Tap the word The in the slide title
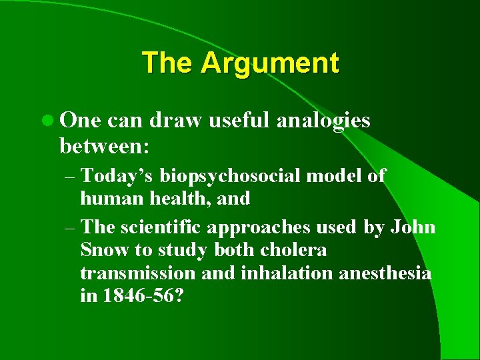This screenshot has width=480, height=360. pos(169,63)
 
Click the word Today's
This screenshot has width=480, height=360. pos(119,176)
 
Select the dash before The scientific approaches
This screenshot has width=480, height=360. pos(71,227)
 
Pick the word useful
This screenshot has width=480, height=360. pos(227,120)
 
